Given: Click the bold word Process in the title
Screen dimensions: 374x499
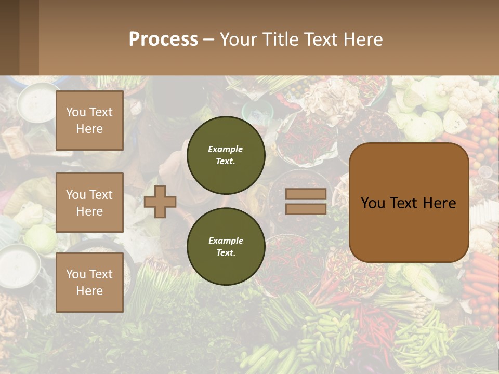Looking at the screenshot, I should pos(163,39).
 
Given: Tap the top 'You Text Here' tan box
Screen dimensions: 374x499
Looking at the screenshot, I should pos(89,121).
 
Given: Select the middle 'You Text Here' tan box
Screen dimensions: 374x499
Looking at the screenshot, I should pos(89,203).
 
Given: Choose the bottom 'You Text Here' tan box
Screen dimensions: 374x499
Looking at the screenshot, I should pos(89,283).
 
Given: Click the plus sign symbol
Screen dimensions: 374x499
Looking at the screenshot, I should pos(160,202).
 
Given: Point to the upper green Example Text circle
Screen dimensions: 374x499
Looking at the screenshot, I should pos(226,155).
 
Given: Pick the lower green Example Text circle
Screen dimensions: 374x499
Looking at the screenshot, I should pos(226,246).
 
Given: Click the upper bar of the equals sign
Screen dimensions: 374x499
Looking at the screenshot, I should pos(306,194).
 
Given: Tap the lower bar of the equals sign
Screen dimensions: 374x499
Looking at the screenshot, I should pos(306,209).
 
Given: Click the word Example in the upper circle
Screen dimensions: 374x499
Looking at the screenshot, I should pos(225,149).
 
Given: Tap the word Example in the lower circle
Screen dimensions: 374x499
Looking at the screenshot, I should pos(226,241).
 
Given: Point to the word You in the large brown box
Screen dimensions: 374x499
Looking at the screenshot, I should pos(373,203).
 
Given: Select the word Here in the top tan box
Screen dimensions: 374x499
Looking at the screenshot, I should pos(89,129).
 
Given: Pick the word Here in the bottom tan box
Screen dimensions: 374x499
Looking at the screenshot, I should pos(89,291).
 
